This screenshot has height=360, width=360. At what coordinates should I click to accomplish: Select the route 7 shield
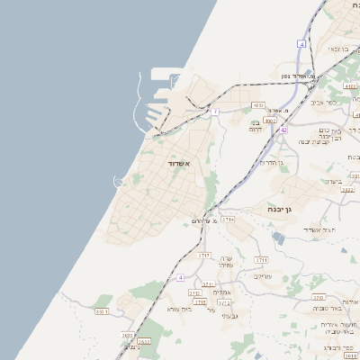215,112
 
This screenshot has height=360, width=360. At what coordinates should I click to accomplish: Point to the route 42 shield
283,130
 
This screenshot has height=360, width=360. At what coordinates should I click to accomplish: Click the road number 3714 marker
229,219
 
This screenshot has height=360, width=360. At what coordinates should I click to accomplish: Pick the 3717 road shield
204,256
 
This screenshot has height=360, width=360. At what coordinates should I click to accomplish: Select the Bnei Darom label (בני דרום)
261,127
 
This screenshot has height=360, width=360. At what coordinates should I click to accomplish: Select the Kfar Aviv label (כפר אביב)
324,103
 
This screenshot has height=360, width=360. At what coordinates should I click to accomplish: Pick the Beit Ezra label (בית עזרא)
181,309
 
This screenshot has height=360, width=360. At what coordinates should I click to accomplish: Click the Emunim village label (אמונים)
225,292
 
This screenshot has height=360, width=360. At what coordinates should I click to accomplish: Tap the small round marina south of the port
118,182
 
